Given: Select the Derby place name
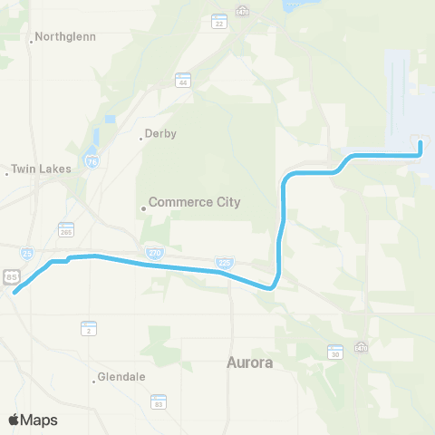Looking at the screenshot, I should [161, 134].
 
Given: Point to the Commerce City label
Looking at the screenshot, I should [194, 202].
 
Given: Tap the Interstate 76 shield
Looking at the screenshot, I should [92, 159].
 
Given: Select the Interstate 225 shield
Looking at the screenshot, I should [223, 262].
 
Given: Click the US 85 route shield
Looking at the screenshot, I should [10, 275].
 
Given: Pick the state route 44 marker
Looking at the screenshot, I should [184, 82].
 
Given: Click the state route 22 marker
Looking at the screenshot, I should [218, 22].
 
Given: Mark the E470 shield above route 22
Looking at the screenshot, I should [242, 12].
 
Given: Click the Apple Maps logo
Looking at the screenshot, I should [34, 420].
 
